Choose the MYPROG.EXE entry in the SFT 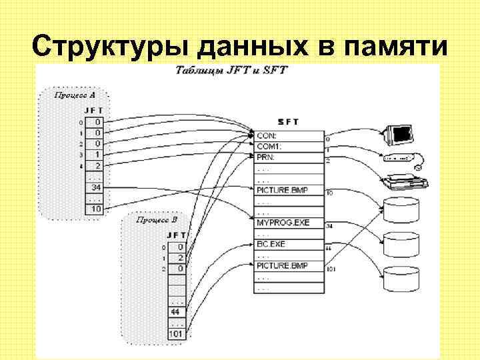coord(283,222)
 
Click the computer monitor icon coord(399,133)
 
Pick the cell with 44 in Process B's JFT coord(176,311)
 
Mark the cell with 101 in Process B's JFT coord(176,333)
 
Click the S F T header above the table coord(288,121)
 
